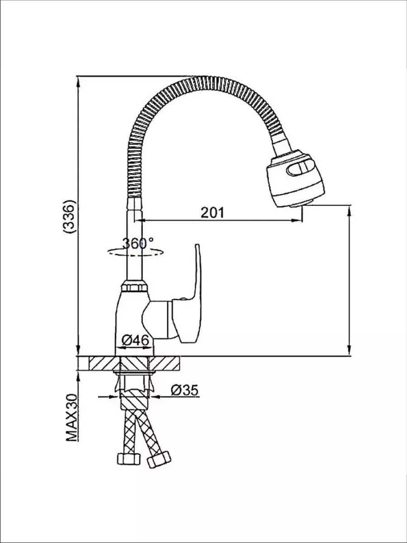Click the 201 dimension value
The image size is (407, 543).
click(212, 213)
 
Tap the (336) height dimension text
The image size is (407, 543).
click(68, 216)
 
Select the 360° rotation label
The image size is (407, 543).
click(138, 243)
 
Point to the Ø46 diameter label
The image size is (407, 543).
click(135, 340)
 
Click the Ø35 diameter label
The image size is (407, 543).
click(185, 390)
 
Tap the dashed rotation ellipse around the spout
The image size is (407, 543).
click(135, 252)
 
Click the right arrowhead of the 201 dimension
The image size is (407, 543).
click(297, 220)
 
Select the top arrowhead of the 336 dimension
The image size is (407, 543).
click(78, 81)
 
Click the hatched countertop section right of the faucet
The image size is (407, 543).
click(164, 363)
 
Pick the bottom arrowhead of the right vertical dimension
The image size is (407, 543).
click(349, 350)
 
